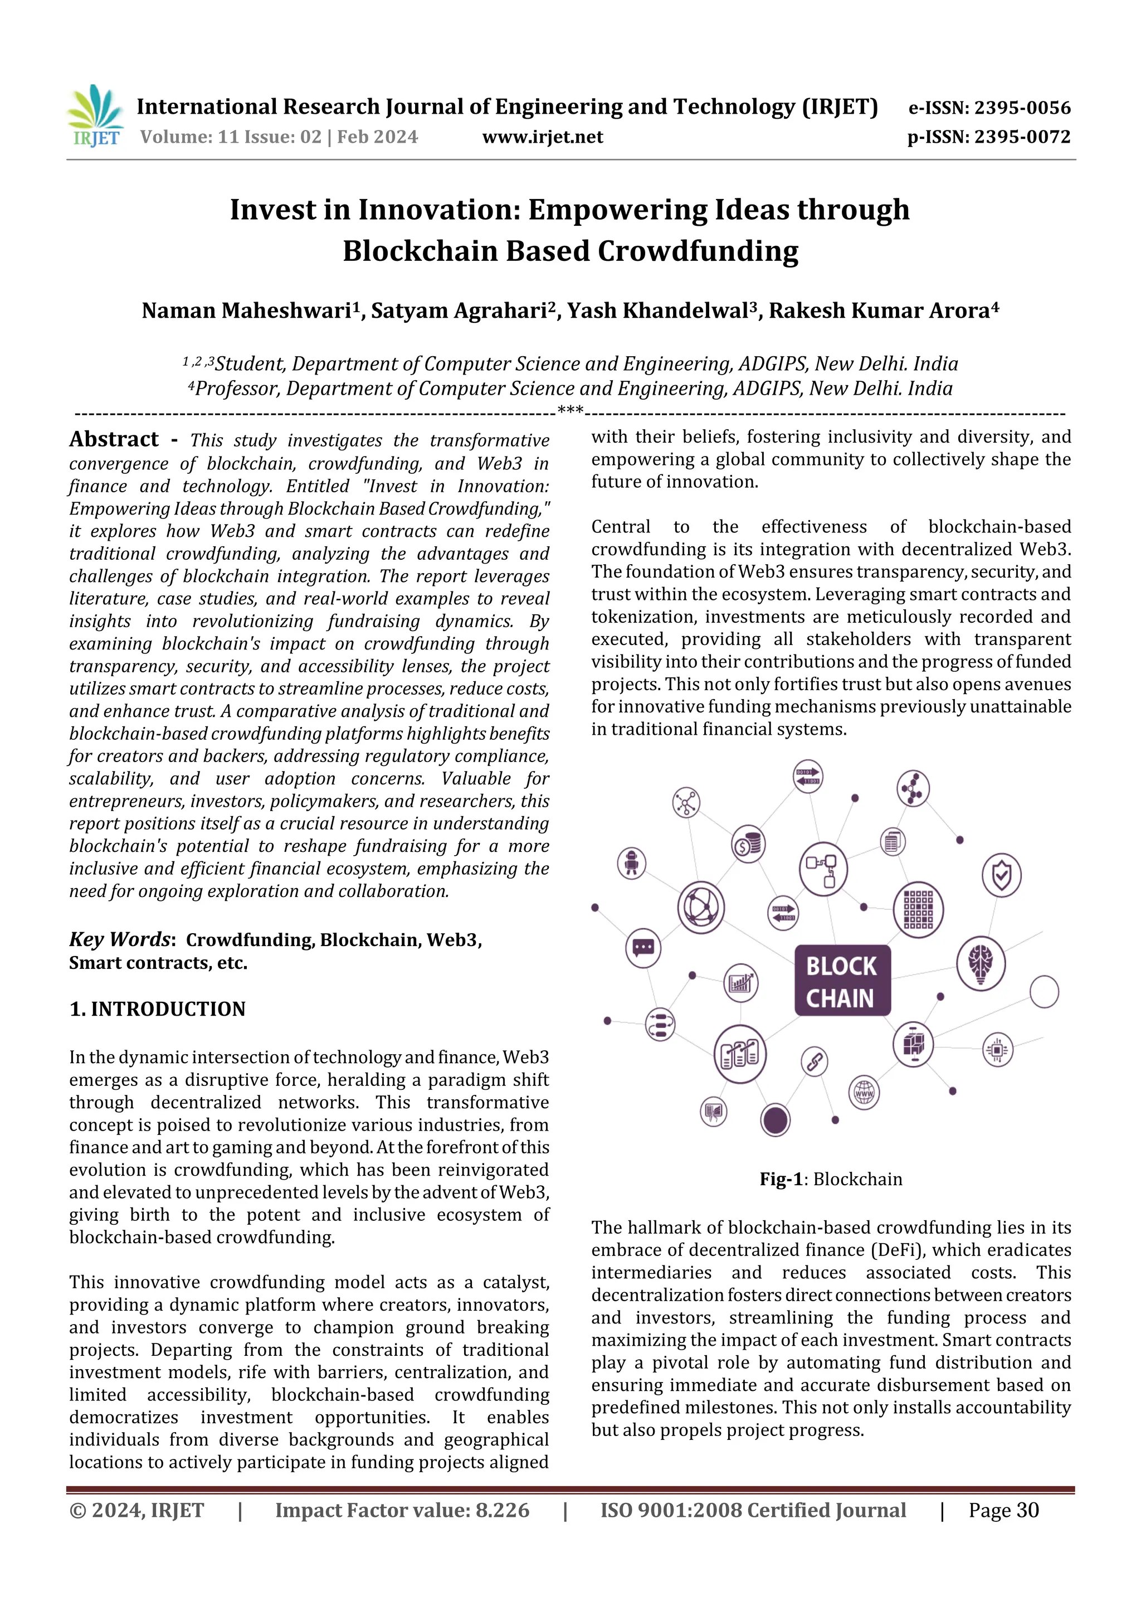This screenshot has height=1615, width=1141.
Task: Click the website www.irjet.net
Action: (x=542, y=137)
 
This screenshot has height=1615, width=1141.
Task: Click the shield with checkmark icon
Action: (x=1001, y=875)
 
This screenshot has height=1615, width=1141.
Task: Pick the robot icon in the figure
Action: (x=631, y=862)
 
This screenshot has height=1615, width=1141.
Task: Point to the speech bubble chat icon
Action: (x=642, y=948)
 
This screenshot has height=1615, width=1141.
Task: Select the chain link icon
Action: (x=814, y=1061)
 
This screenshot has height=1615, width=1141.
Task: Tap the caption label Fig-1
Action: (x=781, y=1179)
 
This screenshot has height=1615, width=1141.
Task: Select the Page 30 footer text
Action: (x=1003, y=1510)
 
